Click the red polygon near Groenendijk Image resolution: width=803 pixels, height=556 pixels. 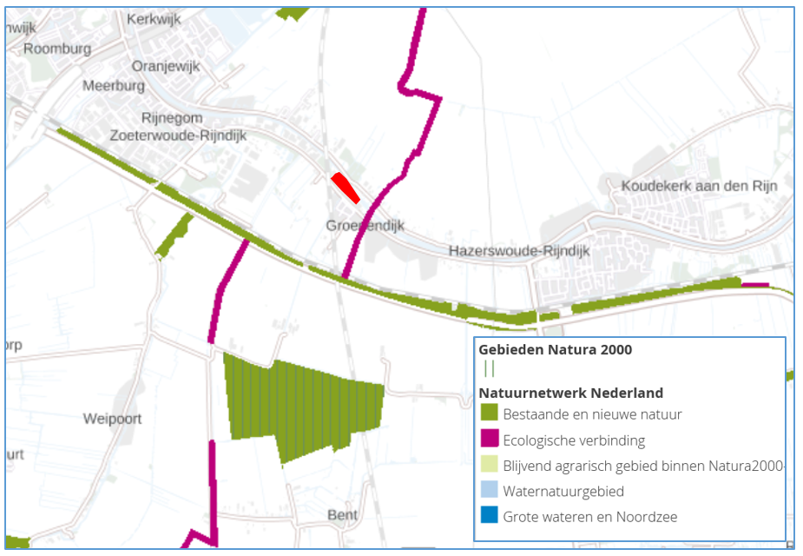(x=346, y=187)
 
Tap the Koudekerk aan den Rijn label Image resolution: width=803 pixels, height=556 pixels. (x=699, y=186)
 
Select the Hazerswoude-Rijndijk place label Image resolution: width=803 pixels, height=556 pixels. (x=518, y=251)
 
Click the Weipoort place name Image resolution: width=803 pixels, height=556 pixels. (x=112, y=419)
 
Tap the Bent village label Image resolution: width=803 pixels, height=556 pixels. (x=342, y=515)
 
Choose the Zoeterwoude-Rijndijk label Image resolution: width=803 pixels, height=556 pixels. (x=178, y=136)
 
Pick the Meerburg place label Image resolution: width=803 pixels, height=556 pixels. (x=113, y=85)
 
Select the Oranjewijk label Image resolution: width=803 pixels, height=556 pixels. (x=166, y=66)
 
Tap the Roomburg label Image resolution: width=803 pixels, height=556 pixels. (x=57, y=49)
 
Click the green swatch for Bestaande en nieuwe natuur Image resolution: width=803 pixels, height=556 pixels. (x=489, y=414)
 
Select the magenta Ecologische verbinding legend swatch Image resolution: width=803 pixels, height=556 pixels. (x=489, y=440)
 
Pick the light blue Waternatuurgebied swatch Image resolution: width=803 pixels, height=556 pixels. (x=489, y=491)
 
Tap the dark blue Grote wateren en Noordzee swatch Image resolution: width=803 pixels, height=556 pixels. (x=489, y=516)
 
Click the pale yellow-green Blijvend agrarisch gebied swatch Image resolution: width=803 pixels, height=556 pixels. (x=489, y=465)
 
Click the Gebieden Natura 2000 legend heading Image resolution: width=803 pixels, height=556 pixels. (x=555, y=349)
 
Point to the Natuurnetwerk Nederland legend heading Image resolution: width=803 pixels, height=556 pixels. (x=570, y=393)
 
